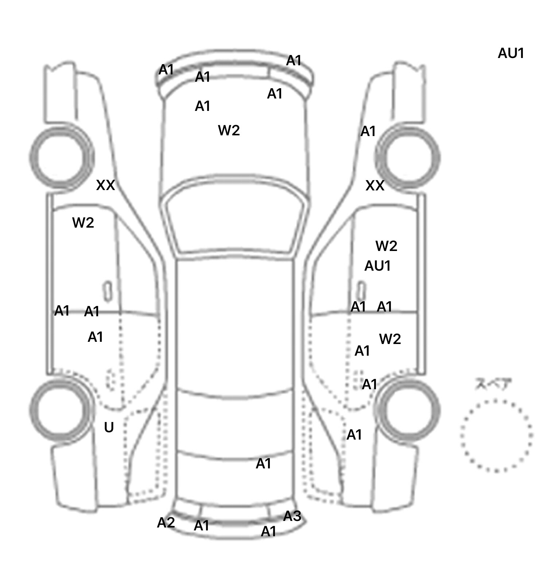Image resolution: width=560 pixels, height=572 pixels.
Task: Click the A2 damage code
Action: (166, 523)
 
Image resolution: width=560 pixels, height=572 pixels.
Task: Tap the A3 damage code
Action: (292, 516)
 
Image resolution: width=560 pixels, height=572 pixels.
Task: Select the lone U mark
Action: (109, 427)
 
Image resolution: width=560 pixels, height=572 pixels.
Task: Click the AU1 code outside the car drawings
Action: (511, 53)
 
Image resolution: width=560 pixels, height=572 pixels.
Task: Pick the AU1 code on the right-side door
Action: (377, 266)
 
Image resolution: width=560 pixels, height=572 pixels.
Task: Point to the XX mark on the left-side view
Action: (105, 185)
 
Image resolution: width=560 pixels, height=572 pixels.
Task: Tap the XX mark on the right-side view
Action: (375, 186)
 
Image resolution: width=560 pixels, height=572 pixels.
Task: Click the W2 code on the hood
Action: (229, 130)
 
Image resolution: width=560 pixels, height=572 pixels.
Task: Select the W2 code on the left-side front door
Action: (83, 223)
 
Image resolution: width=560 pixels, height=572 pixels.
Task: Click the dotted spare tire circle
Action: (496, 436)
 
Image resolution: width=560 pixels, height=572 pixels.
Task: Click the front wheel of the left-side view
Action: (61, 158)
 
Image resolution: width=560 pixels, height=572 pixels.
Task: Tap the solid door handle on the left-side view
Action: (108, 291)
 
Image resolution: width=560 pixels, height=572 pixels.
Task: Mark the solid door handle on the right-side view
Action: (361, 291)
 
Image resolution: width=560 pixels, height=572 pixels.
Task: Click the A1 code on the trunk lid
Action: (263, 464)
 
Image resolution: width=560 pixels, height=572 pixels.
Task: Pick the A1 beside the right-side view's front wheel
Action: (368, 131)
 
